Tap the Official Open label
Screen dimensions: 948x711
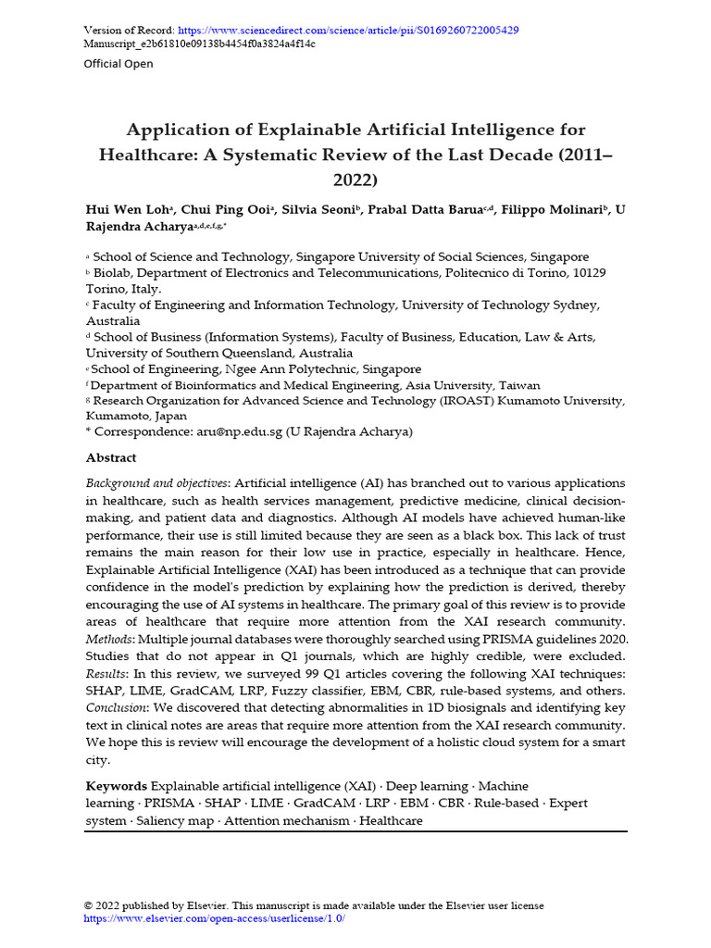118,64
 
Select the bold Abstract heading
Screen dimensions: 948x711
111,458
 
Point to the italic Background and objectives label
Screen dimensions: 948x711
156,484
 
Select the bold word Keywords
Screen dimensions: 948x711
116,786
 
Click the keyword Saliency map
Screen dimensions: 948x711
174,820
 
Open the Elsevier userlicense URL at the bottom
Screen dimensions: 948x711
215,918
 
